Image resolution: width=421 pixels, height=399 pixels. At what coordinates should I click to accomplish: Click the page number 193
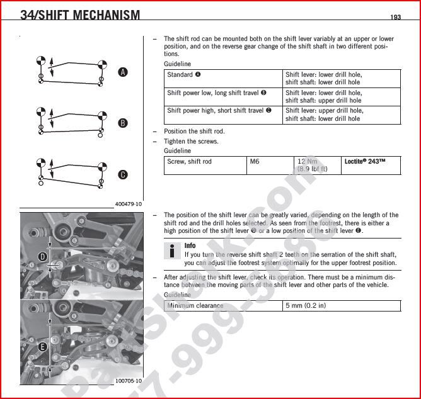(x=395, y=17)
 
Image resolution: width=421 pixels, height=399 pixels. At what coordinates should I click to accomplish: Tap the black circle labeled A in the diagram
(x=123, y=72)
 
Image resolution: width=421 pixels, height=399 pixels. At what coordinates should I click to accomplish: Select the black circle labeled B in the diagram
(x=123, y=123)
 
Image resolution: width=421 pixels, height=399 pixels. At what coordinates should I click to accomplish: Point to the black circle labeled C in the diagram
(x=123, y=174)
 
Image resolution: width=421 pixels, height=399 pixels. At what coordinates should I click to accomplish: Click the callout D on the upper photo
(x=43, y=256)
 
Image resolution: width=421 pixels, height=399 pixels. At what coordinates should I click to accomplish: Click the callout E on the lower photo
(x=43, y=347)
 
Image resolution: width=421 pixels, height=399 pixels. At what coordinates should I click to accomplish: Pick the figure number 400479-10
(x=129, y=204)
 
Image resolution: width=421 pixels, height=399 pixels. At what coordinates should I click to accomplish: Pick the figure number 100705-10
(x=129, y=381)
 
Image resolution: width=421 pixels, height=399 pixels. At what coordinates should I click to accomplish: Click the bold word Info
(x=190, y=245)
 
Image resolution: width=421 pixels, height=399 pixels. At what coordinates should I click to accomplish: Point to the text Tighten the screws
(x=191, y=142)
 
